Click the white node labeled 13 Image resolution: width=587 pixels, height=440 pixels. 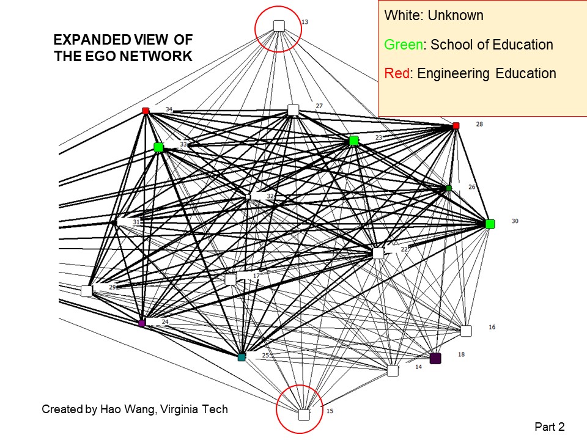279,26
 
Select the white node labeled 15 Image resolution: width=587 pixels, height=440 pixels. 304,415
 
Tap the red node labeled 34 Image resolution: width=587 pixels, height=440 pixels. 146,111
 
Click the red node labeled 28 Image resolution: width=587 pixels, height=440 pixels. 456,126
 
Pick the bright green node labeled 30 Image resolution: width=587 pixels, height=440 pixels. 490,224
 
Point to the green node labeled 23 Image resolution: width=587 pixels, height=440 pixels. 353,141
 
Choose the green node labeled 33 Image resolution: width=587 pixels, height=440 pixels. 158,147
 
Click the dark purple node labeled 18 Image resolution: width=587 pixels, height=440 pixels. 435,358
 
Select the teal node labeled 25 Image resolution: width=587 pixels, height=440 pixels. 242,357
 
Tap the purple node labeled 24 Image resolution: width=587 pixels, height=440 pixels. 142,323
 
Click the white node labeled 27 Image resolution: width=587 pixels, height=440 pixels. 293,110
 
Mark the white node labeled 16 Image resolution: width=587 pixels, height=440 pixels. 466,331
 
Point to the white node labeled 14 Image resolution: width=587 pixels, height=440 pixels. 393,371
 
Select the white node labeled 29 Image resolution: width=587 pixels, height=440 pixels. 86,291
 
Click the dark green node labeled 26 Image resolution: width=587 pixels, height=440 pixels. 449,188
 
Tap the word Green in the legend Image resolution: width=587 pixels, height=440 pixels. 402,45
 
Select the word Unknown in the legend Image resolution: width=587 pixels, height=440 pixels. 456,15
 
